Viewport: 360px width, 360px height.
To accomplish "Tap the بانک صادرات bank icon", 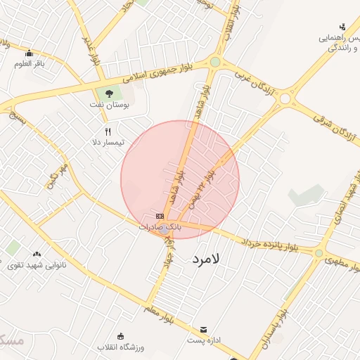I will pos(160,216).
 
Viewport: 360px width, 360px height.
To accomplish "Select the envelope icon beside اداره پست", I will pos(204,329).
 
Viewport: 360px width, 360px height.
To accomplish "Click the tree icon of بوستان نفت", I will pos(108,94).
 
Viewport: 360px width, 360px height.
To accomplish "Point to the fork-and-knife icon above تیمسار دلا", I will pos(108,131).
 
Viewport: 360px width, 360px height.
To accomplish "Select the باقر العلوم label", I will pos(30,64).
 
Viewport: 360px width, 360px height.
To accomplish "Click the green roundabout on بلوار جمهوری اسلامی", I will pos(214,62).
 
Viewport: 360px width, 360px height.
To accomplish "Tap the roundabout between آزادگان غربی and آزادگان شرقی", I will pos(285,99).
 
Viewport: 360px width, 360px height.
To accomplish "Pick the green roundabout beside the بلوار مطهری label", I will pos(319,253).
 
